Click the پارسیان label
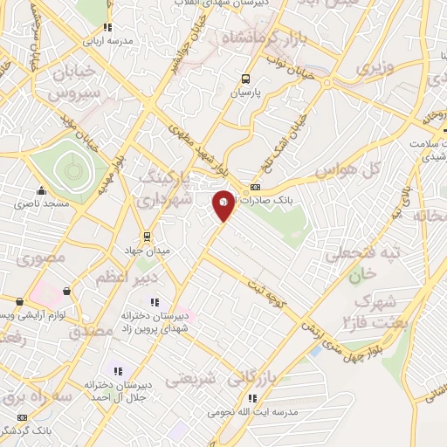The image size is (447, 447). coord(246,92)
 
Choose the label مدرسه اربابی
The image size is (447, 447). coord(109,41)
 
